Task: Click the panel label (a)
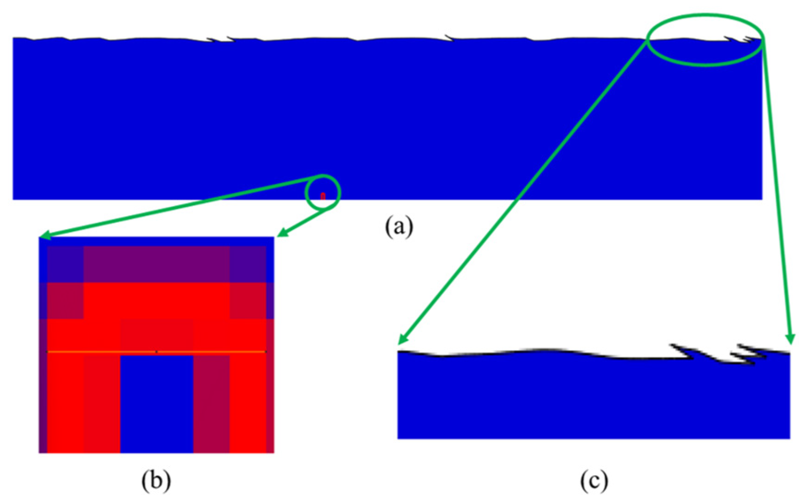399,227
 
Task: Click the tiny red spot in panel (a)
323,196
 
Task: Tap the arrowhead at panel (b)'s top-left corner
44,236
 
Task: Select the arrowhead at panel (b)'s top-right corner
281,234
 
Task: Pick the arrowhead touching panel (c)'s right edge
790,339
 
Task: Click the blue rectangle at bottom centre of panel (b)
156,403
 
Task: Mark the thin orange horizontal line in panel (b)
98,352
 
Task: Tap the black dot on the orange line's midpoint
156,352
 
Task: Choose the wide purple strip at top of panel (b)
156,264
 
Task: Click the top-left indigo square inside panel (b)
65,264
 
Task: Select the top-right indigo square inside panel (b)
248,264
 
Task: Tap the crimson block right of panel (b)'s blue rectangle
211,403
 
